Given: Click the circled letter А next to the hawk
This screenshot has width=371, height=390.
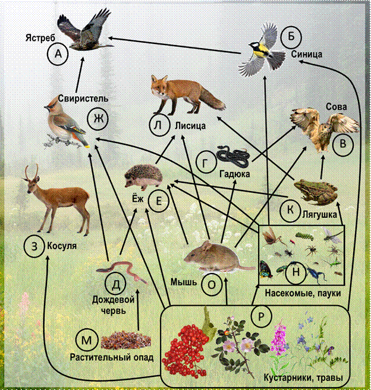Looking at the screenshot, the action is (58, 54).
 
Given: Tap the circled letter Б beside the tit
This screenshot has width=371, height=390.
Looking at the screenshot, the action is (291, 37).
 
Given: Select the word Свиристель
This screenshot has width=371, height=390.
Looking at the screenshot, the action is (83, 99).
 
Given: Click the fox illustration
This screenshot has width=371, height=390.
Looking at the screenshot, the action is (187, 96).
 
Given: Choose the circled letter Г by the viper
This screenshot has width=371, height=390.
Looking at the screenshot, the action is (206, 163).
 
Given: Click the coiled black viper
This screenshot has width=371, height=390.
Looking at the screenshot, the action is (234, 157).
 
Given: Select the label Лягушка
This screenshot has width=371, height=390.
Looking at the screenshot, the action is (320, 214).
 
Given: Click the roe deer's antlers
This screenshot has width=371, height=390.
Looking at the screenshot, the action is (32, 172).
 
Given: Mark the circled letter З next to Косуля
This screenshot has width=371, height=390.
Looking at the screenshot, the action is (34, 246).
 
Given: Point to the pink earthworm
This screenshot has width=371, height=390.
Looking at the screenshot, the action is (122, 272).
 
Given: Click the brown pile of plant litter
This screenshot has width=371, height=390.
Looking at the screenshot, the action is (126, 340).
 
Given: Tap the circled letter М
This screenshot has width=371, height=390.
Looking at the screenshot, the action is (86, 340).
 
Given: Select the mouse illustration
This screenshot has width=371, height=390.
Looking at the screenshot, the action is (219, 256).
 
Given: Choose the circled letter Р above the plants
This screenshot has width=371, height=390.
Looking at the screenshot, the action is (261, 316).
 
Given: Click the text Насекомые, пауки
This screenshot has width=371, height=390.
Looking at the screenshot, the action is (303, 293).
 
